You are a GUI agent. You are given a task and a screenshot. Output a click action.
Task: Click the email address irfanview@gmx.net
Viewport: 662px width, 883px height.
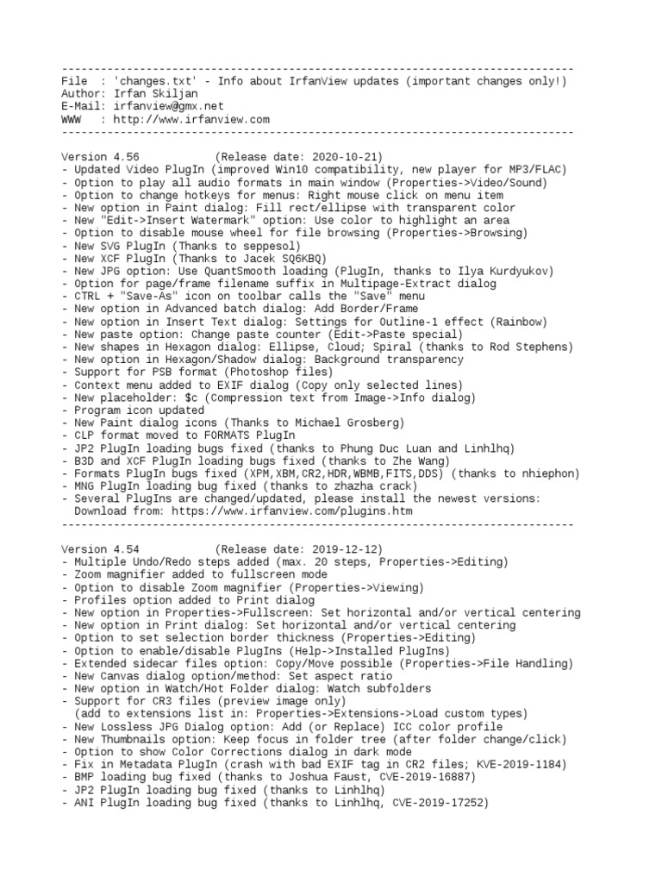click(163, 107)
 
